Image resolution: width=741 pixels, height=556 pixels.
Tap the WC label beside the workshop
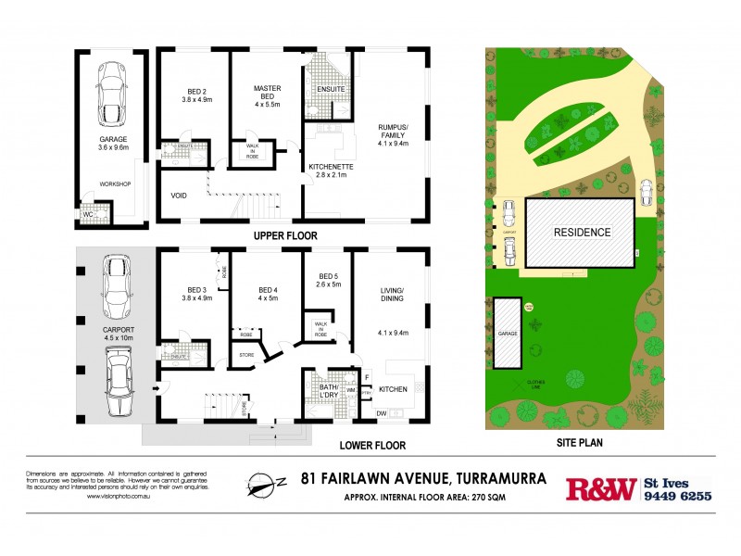[x=89, y=214]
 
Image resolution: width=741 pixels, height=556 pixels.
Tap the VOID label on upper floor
[x=180, y=196]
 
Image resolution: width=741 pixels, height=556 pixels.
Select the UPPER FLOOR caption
[x=293, y=236]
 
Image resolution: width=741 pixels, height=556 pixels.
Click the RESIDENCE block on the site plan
[x=582, y=232]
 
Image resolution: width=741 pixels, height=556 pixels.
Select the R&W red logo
[x=602, y=488]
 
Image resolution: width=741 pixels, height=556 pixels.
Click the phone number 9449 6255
[x=678, y=496]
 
